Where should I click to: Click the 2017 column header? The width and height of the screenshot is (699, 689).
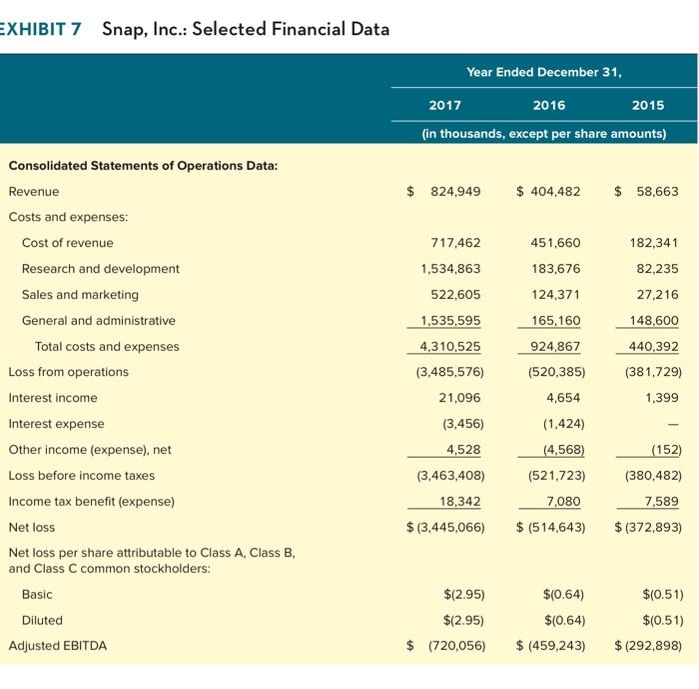coord(444,105)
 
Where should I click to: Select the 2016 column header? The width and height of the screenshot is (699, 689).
coord(549,105)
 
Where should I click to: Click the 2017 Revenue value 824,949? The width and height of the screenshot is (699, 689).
coord(455,191)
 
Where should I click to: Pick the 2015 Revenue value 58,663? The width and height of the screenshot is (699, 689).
coord(655,191)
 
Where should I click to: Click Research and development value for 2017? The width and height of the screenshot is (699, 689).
coord(452,269)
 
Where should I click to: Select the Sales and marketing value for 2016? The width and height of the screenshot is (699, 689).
coord(555,295)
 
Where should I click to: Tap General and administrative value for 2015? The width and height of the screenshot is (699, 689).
coord(654,321)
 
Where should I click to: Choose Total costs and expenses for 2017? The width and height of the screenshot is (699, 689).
coord(452,347)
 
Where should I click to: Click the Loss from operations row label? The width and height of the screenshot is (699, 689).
coord(69,372)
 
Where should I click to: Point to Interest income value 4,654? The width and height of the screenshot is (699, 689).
coord(564,398)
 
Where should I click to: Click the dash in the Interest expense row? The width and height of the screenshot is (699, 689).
coord(675,424)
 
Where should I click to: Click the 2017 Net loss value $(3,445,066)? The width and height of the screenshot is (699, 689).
coord(445,527)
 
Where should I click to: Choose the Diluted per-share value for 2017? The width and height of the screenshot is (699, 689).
coord(464,619)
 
